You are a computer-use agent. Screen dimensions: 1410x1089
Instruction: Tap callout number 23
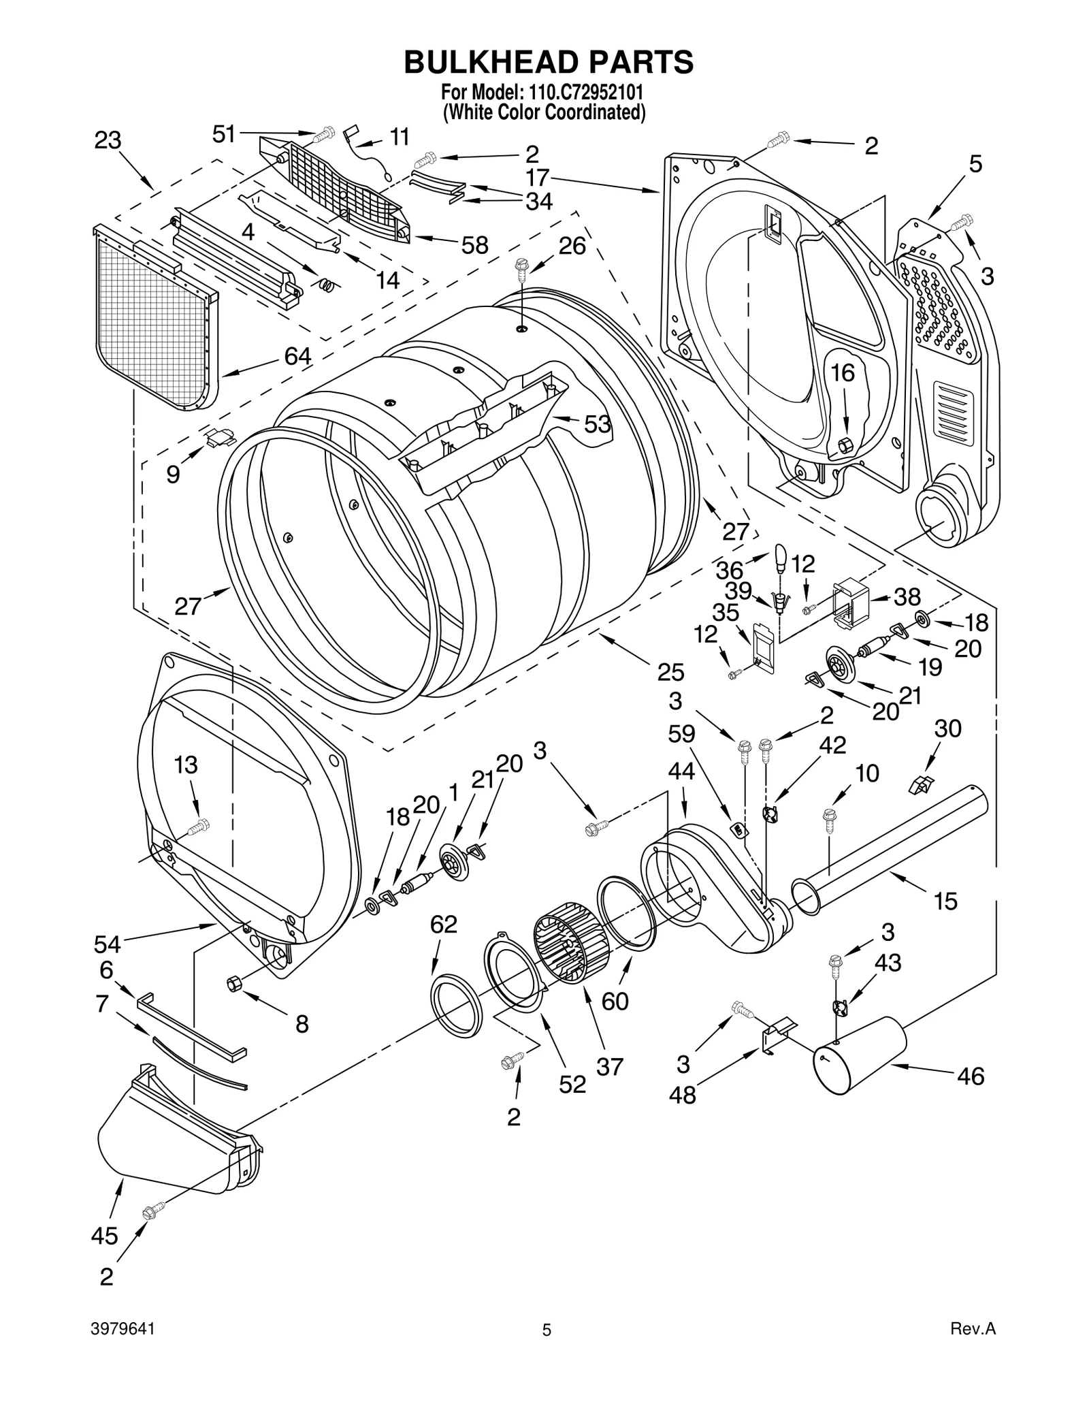tap(108, 141)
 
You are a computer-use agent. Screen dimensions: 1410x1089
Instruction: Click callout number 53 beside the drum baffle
tap(598, 424)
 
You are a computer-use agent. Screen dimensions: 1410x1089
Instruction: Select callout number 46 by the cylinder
tap(970, 1076)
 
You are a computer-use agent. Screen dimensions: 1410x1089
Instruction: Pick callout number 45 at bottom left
tap(104, 1236)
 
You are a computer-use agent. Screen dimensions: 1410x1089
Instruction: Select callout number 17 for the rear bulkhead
tap(538, 178)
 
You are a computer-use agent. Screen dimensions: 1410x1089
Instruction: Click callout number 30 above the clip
tap(947, 729)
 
